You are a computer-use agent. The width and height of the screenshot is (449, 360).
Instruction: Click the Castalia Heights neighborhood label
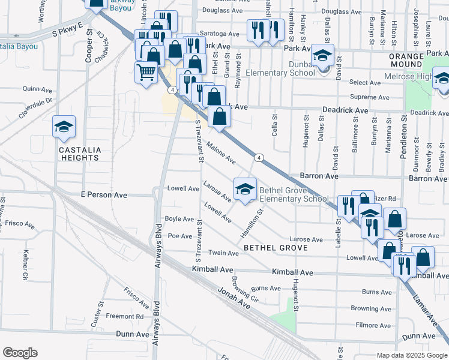coord(79,154)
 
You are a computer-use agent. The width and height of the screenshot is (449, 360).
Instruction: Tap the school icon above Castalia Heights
coord(64,127)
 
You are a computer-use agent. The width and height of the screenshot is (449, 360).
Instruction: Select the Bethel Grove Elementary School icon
coord(244,190)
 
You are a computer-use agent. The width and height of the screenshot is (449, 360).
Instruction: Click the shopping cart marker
coord(146,73)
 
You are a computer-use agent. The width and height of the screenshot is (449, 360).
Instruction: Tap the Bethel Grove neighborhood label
coord(276,247)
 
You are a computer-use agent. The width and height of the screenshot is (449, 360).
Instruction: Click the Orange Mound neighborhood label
coord(406,61)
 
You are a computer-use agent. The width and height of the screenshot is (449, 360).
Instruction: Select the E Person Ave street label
coord(104,195)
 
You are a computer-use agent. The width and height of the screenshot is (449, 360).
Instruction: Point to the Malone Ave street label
coord(221,152)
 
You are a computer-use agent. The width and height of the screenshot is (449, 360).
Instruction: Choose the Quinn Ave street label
coord(34,88)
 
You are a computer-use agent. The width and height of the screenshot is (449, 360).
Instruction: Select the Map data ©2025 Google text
coord(412,355)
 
